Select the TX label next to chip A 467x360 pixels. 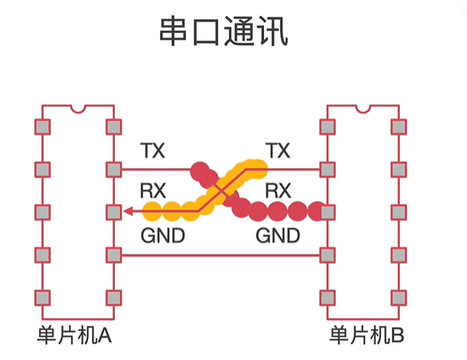[152, 150]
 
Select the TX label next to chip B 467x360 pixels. [277, 150]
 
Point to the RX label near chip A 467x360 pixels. [153, 189]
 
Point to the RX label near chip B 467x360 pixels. [277, 189]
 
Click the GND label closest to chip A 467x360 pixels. [162, 235]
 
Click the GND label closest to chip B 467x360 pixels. [277, 235]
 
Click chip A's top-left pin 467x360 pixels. [43, 126]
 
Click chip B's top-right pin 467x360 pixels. [398, 126]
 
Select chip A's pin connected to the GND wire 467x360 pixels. [114, 254]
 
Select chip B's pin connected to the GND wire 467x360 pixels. [328, 254]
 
